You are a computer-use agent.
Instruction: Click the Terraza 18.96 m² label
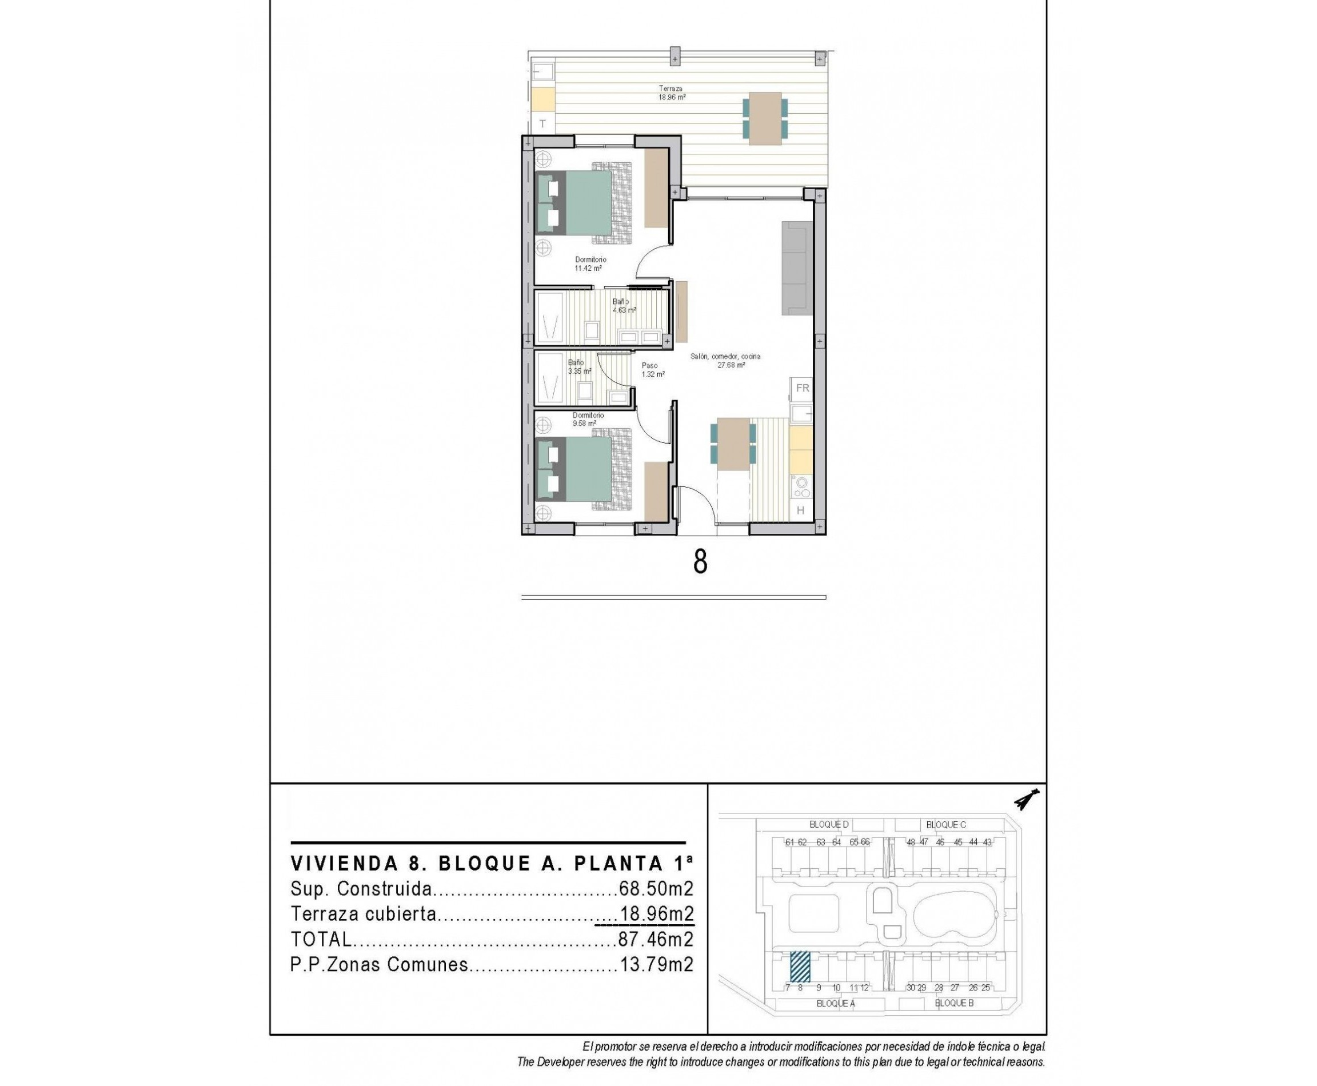click(671, 93)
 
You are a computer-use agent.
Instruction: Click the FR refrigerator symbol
click(802, 389)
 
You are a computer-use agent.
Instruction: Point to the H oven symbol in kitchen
click(800, 510)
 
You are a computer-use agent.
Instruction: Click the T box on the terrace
click(542, 123)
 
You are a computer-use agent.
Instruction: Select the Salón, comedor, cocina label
click(726, 360)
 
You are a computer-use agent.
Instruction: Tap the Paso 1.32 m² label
click(652, 370)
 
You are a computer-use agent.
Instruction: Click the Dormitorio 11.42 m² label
click(590, 263)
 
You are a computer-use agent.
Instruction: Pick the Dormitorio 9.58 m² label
click(588, 419)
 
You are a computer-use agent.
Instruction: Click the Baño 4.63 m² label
click(623, 305)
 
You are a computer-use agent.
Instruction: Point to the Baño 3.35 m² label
click(578, 366)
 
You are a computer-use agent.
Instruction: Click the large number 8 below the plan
click(700, 562)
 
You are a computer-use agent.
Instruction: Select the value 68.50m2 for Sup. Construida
click(656, 889)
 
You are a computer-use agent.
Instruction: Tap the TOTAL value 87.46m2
click(656, 939)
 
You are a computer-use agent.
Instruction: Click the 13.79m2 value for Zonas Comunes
click(656, 965)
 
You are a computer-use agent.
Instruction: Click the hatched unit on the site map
click(800, 967)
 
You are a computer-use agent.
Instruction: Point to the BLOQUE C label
click(945, 825)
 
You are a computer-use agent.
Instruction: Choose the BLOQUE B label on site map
click(953, 1003)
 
